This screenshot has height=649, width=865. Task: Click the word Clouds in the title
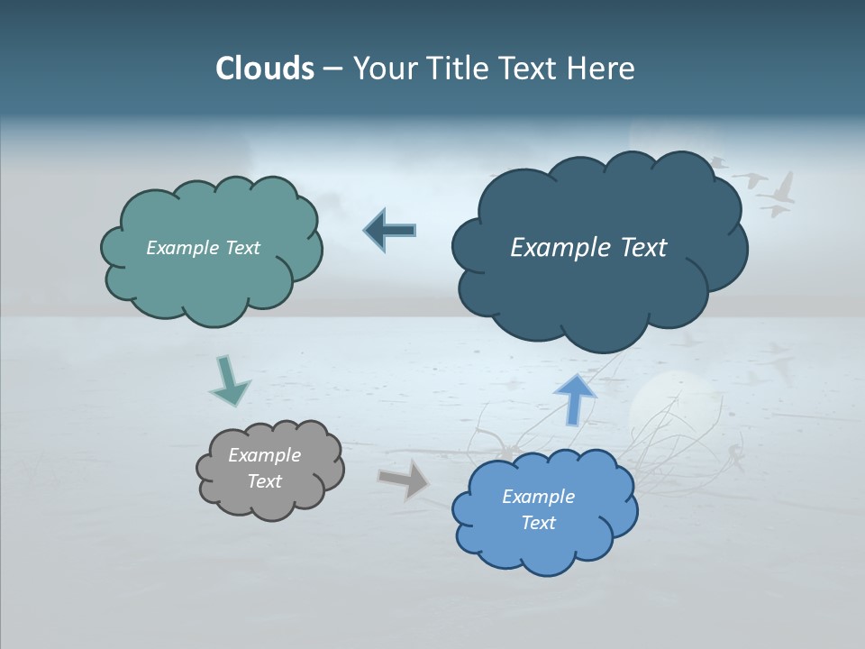[264, 69]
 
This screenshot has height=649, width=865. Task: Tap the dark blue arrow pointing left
[390, 230]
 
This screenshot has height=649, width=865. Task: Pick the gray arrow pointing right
[404, 479]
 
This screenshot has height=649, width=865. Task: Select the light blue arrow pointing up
[575, 398]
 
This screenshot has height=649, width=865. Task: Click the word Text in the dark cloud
[638, 248]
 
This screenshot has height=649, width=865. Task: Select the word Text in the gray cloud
[265, 481]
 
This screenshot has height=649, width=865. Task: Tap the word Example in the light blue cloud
[538, 497]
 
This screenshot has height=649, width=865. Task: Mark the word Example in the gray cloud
[265, 456]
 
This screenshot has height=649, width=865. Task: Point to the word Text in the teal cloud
[242, 248]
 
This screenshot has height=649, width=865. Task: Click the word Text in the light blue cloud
[538, 523]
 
